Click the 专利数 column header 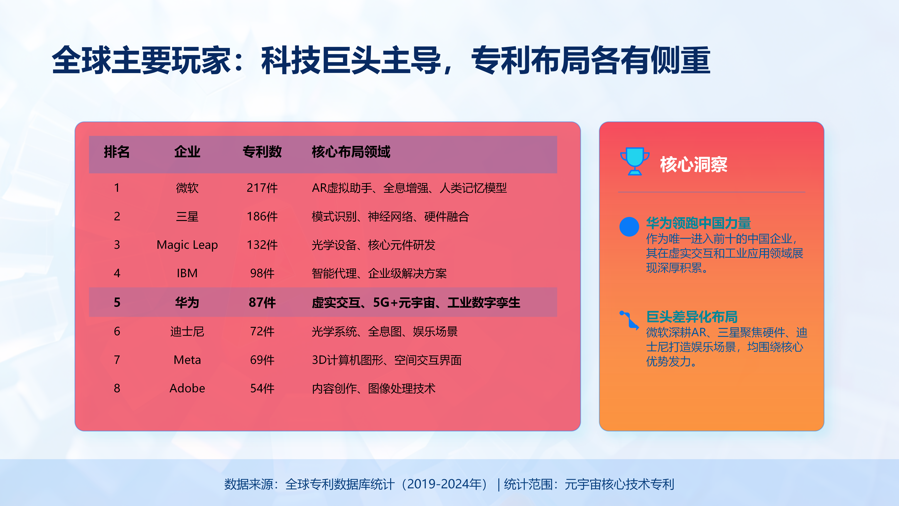(262, 152)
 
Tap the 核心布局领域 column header (351, 152)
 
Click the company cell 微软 (187, 188)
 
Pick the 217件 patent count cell (262, 188)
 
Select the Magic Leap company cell (187, 245)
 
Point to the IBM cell (187, 273)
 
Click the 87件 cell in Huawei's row (262, 302)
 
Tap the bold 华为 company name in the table (187, 302)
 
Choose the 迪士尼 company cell (187, 331)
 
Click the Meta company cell (187, 360)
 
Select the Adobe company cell (187, 388)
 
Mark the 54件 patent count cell (262, 388)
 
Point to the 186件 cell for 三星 (262, 216)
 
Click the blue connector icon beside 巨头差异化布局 (629, 320)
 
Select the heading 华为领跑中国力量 (698, 223)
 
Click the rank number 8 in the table (117, 388)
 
